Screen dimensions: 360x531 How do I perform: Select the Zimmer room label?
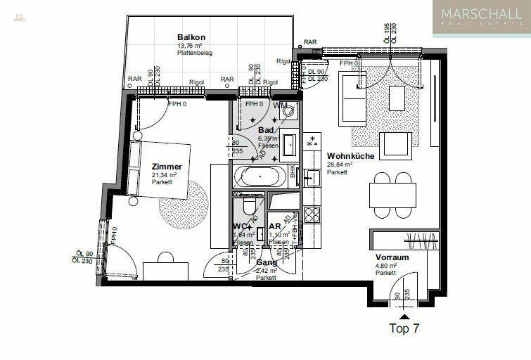(166, 167)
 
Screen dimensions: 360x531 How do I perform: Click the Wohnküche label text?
(346, 157)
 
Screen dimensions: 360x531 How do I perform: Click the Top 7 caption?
(406, 328)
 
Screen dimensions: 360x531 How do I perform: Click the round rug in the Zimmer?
(183, 201)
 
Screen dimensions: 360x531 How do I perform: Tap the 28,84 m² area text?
(339, 165)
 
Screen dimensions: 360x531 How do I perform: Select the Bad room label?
(265, 131)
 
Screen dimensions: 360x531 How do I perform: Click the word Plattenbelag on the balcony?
(195, 53)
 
